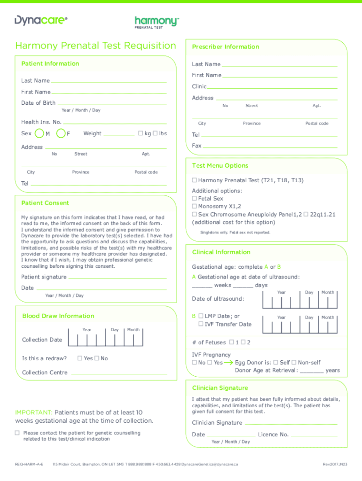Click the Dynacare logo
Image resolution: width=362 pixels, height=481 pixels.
tap(41, 20)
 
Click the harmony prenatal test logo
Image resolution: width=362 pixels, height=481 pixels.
tap(157, 22)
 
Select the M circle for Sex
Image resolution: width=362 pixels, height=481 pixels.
tap(40, 134)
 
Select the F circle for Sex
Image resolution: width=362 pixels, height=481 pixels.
tap(61, 134)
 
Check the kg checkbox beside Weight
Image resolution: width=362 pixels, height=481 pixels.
tap(140, 133)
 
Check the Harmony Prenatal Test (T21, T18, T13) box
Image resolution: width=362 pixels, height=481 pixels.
tap(194, 180)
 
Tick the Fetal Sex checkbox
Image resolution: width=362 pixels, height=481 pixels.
tap(194, 199)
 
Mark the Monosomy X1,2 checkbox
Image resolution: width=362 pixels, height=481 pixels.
tap(194, 207)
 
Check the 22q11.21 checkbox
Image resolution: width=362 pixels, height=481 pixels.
tap(306, 214)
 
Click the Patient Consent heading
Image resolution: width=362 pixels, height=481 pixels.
tap(45, 203)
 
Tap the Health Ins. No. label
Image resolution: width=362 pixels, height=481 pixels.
tap(41, 122)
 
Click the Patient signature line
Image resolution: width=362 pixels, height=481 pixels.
tap(118, 277)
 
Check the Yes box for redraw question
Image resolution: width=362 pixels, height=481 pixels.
tap(80, 358)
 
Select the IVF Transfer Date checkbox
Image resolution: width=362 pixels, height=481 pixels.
tap(201, 324)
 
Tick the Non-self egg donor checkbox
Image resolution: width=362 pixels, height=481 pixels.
tap(294, 363)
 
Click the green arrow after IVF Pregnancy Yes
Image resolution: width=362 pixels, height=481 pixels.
tap(228, 363)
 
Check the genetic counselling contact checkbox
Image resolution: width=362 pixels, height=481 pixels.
tap(17, 433)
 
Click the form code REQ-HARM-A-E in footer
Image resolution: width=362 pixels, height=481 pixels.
tap(29, 464)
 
